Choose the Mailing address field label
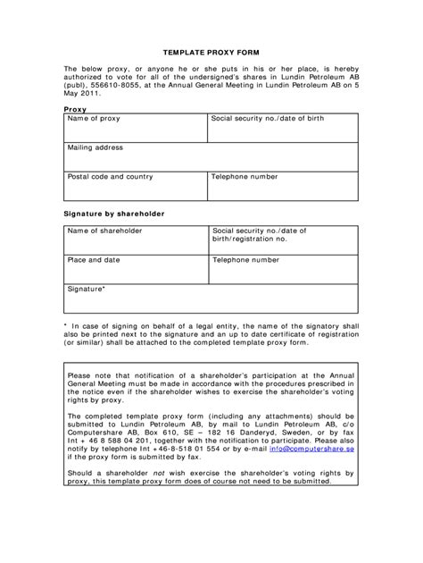[x=95, y=147]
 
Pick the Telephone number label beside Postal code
[x=245, y=176]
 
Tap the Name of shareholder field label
[x=104, y=231]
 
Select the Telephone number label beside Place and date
[x=245, y=260]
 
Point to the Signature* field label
[x=87, y=290]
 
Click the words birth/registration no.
[x=250, y=239]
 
